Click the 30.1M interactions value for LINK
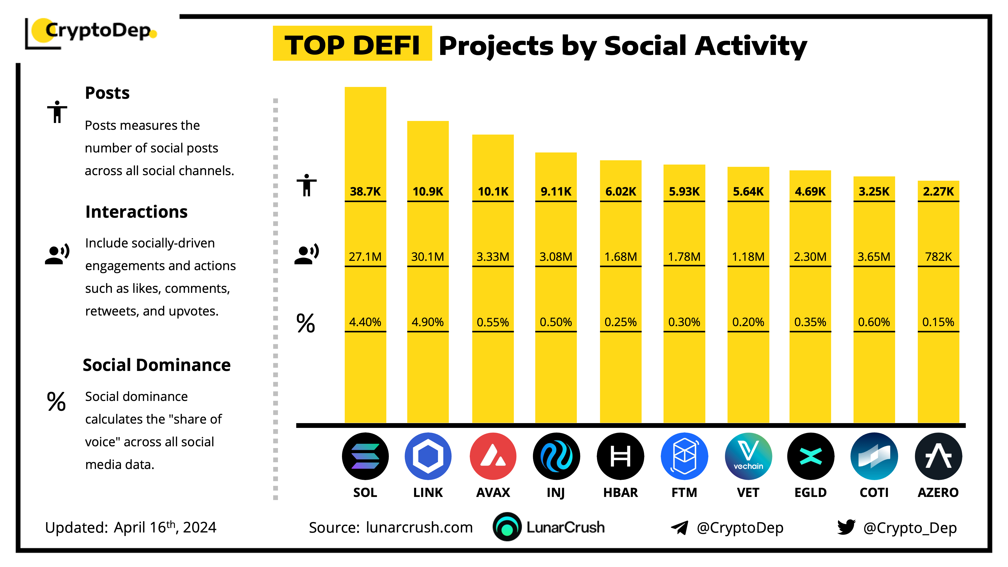point(428,257)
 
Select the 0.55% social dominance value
point(493,322)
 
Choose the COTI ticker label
point(874,492)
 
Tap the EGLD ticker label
point(810,492)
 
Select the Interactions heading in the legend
point(136,212)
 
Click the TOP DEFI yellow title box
point(352,44)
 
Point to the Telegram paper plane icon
point(680,527)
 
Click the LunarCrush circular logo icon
point(507,527)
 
